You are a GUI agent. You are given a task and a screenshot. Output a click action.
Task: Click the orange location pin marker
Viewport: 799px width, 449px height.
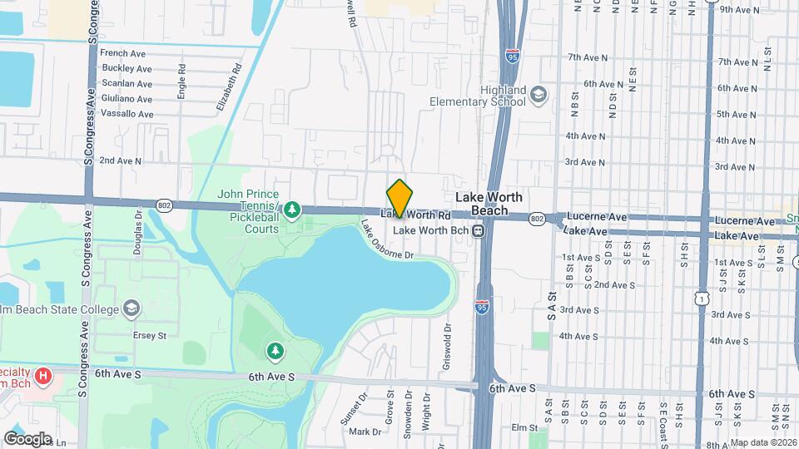pyautogui.click(x=399, y=198)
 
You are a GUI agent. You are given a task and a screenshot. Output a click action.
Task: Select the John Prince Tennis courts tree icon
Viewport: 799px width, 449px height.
pyautogui.click(x=291, y=208)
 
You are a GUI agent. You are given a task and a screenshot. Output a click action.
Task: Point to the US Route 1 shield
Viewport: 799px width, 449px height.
pyautogui.click(x=704, y=298)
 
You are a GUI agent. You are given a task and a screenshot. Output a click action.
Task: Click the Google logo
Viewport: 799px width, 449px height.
pyautogui.click(x=27, y=438)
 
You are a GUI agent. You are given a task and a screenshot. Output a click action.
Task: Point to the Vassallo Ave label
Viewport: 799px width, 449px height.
pyautogui.click(x=127, y=114)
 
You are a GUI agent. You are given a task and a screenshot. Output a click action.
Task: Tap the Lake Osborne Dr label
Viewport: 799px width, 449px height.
pyautogui.click(x=387, y=239)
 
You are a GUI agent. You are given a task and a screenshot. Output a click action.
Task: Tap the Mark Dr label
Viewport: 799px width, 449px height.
pyautogui.click(x=365, y=432)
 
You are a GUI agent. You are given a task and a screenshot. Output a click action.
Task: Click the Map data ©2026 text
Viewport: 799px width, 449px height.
pyautogui.click(x=763, y=442)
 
